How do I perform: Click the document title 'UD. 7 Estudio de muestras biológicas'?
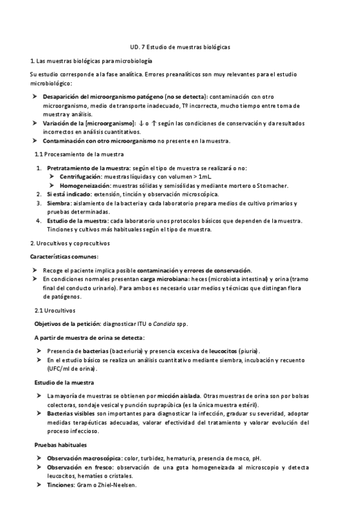pos(180,46)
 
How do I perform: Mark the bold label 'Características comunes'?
pos(59,257)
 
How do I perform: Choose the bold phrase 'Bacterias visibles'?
pos(72,414)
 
